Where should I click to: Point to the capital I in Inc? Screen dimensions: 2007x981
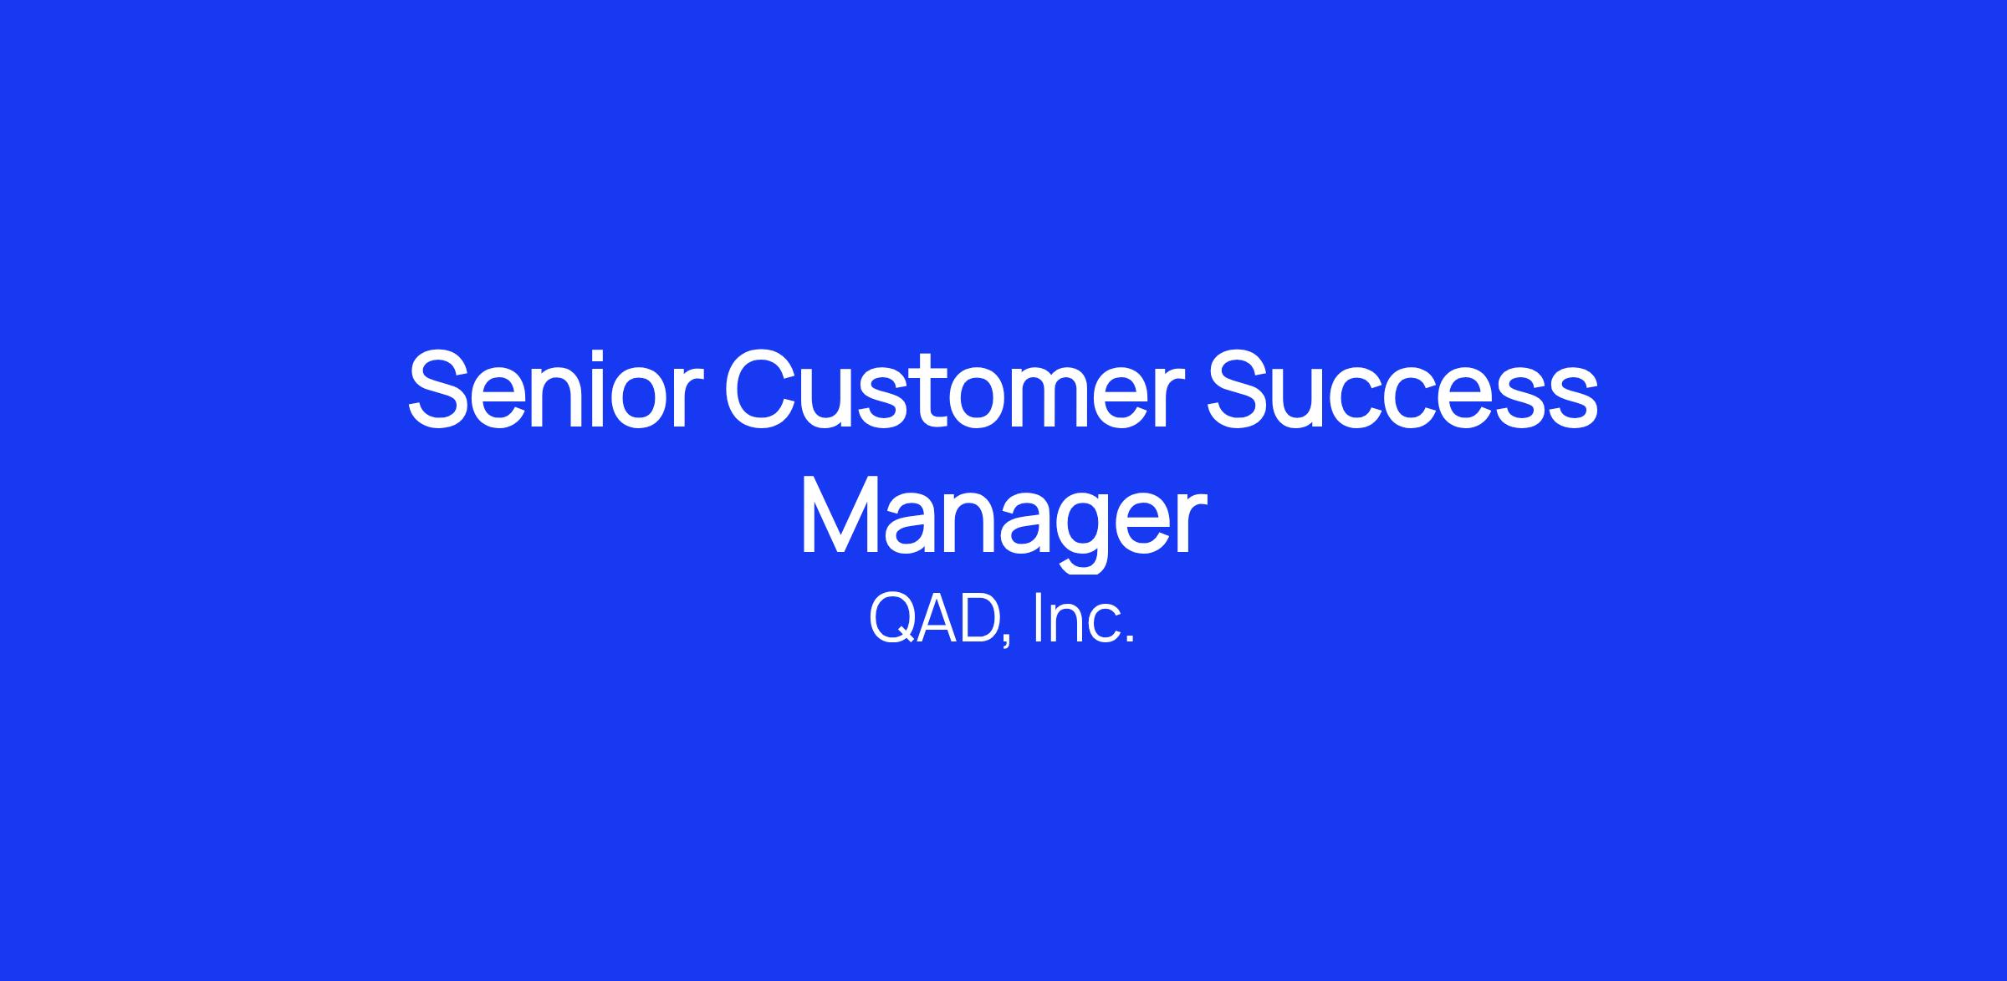point(1038,619)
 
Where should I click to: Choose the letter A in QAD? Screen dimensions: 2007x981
point(938,620)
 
